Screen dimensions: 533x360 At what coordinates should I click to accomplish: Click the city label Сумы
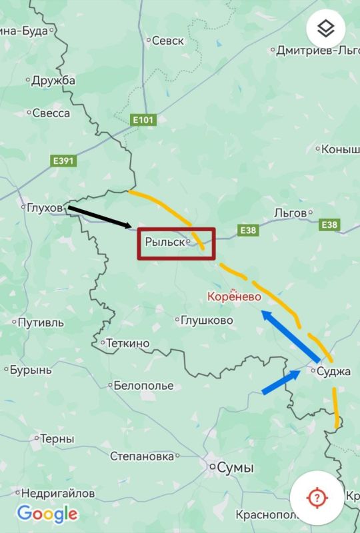(235, 468)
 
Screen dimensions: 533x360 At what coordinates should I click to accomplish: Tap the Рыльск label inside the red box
(165, 242)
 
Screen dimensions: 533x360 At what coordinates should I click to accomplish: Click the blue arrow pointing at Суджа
(281, 383)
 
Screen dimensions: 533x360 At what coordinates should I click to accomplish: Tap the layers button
(325, 29)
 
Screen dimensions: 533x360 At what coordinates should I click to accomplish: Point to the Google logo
(47, 514)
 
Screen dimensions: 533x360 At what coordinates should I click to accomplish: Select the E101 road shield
(143, 120)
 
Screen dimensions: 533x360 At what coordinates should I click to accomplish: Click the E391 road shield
(64, 161)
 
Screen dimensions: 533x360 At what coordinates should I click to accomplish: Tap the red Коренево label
(234, 297)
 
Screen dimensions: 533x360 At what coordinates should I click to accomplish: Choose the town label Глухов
(45, 208)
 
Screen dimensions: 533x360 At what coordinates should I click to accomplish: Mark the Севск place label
(168, 41)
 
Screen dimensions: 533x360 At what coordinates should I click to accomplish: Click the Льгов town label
(290, 213)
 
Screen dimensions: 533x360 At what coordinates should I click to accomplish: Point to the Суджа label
(333, 371)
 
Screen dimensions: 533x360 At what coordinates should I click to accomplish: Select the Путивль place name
(41, 322)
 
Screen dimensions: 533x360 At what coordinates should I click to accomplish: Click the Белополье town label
(143, 385)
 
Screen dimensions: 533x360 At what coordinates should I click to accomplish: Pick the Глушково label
(207, 320)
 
